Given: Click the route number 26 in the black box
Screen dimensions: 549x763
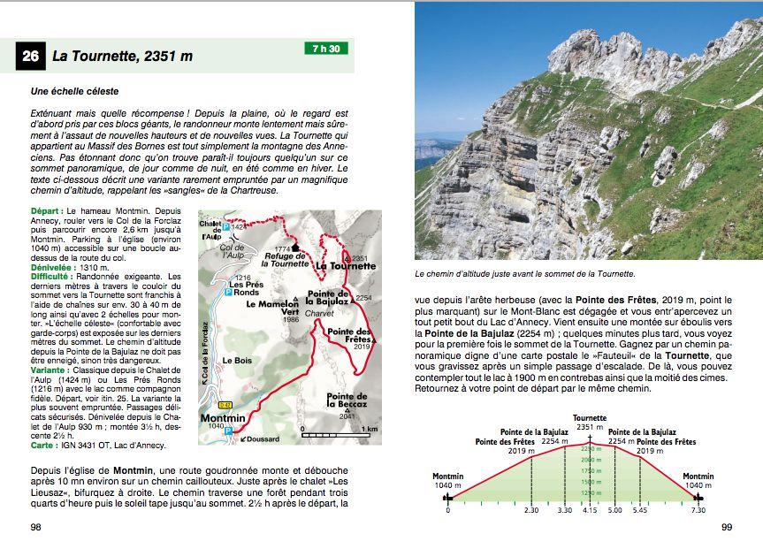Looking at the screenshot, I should pyautogui.click(x=30, y=57).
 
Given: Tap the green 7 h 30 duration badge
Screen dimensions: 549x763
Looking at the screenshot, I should pyautogui.click(x=326, y=49).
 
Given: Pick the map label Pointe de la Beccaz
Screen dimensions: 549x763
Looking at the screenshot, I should pyautogui.click(x=347, y=400).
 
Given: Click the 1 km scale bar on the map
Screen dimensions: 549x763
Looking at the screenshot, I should pyautogui.click(x=334, y=434).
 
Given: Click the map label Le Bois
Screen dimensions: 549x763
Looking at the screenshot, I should pyautogui.click(x=238, y=361).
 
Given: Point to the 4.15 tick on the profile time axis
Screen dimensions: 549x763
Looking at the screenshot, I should pyautogui.click(x=590, y=510).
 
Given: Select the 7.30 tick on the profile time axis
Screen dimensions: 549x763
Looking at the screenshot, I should pyautogui.click(x=698, y=510).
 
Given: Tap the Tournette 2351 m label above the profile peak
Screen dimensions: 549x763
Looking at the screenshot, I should pyautogui.click(x=590, y=422).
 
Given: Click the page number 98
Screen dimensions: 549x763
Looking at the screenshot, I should pyautogui.click(x=36, y=527).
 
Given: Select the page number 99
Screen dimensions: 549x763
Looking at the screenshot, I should pyautogui.click(x=727, y=527).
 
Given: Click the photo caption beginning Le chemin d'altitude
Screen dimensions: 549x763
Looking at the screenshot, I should pyautogui.click(x=525, y=274).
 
